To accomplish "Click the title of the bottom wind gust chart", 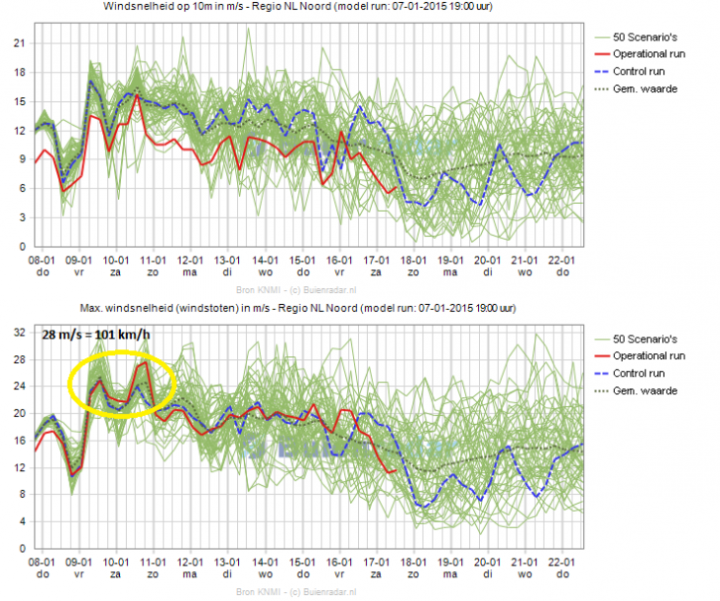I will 306,310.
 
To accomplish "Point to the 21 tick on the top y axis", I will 18,42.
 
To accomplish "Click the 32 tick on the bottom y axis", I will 18,331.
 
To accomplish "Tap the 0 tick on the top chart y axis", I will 22,246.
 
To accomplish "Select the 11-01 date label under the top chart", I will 151,259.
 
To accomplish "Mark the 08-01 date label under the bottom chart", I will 38,561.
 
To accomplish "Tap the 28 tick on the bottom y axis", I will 18,359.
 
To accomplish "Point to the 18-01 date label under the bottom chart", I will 413,561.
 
